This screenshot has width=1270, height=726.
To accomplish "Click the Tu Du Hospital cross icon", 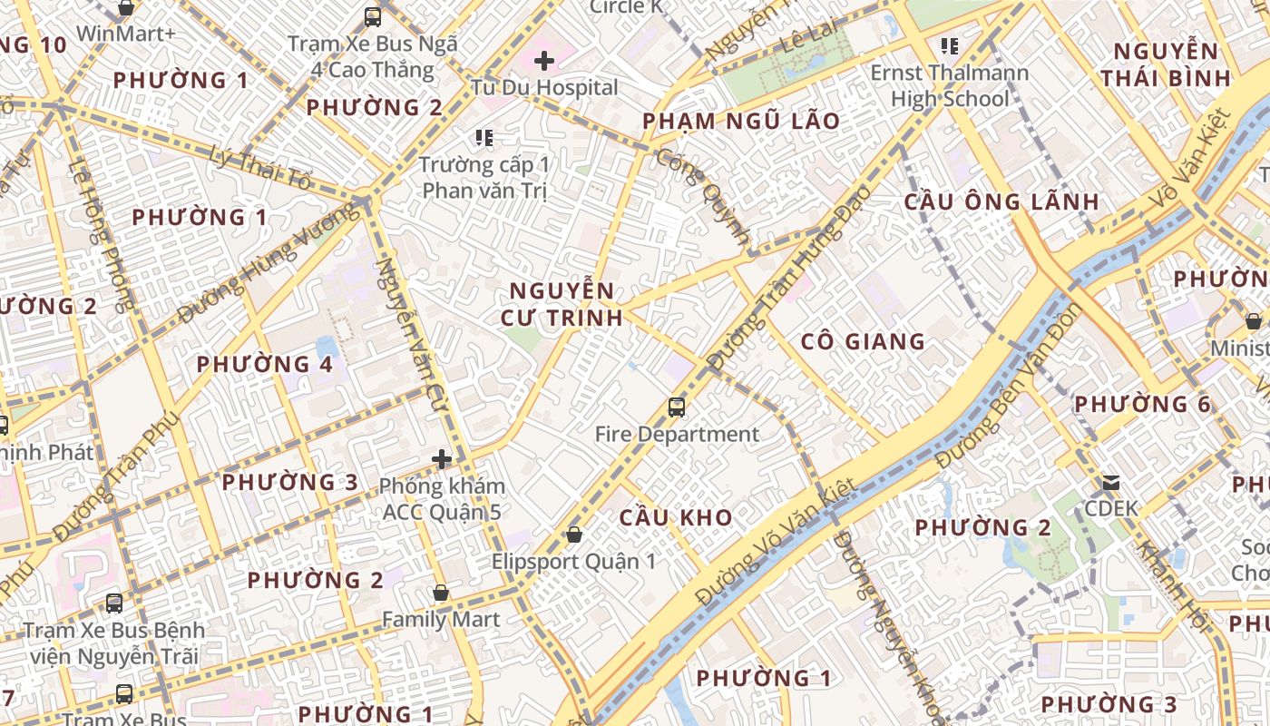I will point(544,61).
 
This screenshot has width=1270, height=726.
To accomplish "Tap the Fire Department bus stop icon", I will point(677,407).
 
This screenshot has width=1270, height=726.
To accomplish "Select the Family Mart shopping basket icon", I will point(441,593).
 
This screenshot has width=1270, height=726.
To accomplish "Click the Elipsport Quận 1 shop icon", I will point(573,535).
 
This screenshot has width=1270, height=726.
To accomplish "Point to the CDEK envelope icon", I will point(1111,482).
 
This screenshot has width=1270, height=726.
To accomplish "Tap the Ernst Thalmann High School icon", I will point(950,45).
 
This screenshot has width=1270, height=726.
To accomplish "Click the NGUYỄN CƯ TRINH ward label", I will point(562,304).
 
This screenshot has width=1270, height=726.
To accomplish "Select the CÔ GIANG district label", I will point(863,342).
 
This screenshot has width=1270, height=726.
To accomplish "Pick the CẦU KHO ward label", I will point(676,517).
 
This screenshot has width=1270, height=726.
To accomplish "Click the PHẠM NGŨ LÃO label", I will point(741,122).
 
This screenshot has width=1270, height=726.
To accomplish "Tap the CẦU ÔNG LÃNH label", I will point(1001,202).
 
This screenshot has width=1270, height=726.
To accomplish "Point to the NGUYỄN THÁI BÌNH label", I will point(1166,64).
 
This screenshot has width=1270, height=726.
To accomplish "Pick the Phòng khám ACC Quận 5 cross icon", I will point(442,459).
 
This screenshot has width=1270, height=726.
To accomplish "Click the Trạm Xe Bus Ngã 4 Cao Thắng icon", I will point(373,16).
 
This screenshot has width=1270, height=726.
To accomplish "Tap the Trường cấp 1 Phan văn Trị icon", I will point(484,138).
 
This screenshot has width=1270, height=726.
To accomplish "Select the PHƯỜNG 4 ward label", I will point(265,365).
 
